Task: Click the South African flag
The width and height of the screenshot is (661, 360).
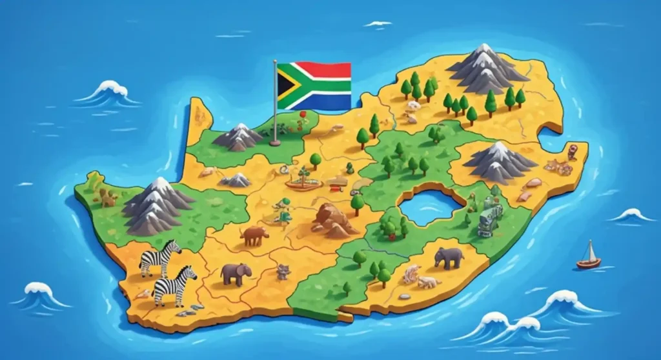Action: tap(314, 86)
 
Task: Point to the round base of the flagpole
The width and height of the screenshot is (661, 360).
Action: tap(276, 141)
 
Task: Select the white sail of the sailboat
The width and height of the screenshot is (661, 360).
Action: tap(589, 251)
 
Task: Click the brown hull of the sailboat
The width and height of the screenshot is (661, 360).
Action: tap(588, 263)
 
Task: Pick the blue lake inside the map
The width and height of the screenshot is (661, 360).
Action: tap(429, 205)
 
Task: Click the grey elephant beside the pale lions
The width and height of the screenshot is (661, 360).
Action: tap(448, 257)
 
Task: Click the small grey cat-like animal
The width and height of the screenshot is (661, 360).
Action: tap(283, 272)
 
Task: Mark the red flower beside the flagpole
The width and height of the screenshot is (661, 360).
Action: tap(301, 115)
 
